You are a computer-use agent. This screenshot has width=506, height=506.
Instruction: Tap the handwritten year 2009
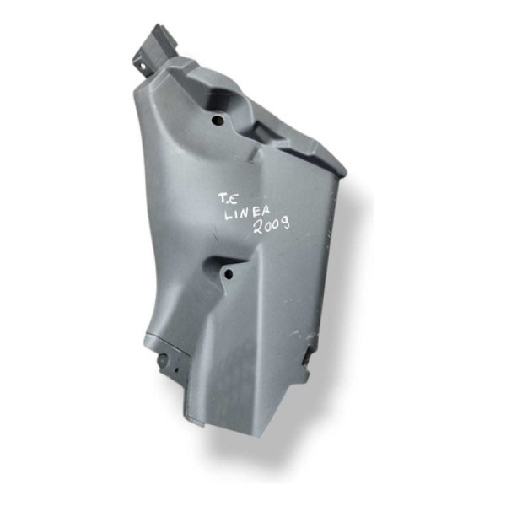272,225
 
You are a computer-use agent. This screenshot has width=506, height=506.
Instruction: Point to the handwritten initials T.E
229,199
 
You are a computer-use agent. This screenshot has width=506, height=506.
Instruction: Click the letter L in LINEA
229,216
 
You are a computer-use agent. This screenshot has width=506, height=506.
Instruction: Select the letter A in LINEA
266,211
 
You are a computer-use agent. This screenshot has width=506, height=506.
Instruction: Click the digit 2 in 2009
259,229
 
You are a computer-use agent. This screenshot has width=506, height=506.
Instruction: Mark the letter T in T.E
223,198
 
